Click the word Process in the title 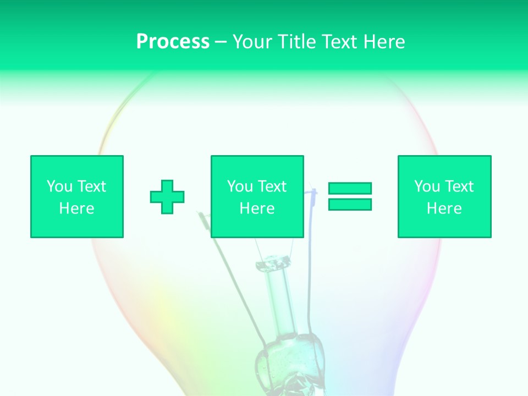pos(173,42)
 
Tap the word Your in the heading pos(252,42)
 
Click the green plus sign pos(167,197)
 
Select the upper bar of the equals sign pos(350,188)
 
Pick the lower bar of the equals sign pos(350,205)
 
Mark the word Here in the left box pos(77,208)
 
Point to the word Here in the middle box pos(257,208)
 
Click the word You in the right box pos(427,186)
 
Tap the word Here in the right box pos(444,208)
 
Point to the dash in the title pos(221,42)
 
